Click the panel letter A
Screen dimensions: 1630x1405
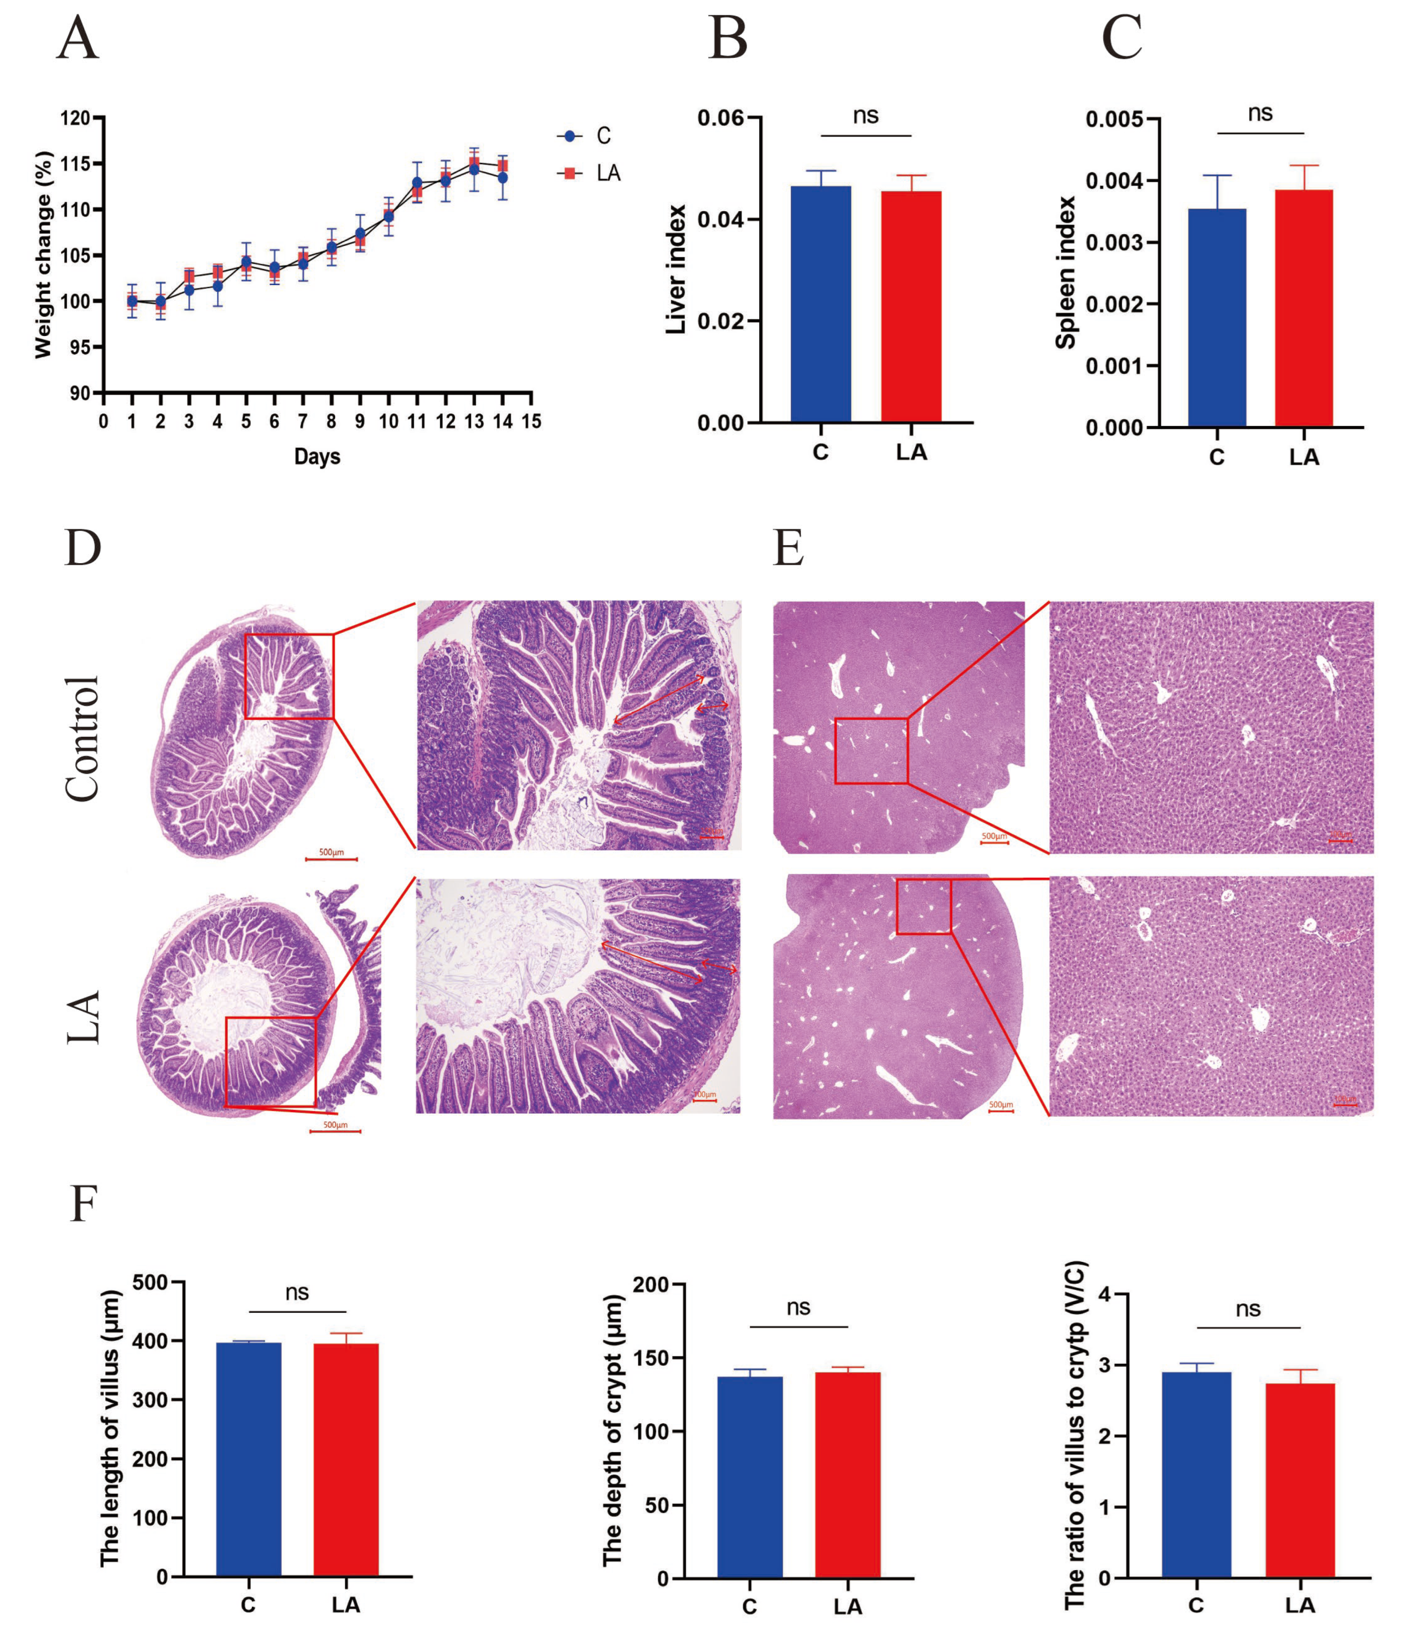click(x=78, y=39)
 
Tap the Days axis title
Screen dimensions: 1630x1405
click(x=317, y=456)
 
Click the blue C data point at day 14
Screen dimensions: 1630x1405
click(x=502, y=178)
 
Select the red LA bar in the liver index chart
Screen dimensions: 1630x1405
click(x=911, y=307)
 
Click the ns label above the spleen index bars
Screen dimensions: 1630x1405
click(x=1260, y=114)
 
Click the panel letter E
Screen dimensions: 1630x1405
click(x=788, y=548)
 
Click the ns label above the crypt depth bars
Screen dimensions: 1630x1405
click(x=798, y=1307)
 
